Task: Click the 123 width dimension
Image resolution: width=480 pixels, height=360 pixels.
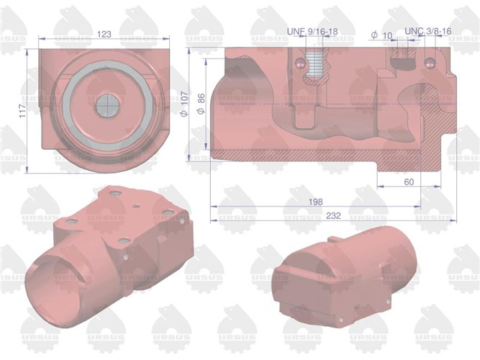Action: pyautogui.click(x=105, y=33)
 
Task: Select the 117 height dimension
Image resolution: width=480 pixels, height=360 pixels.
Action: pyautogui.click(x=22, y=109)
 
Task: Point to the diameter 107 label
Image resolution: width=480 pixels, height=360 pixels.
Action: pyautogui.click(x=186, y=102)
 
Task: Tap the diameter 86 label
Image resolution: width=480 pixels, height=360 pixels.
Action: pyautogui.click(x=201, y=102)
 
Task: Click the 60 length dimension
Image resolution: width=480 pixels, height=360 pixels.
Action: pyautogui.click(x=409, y=182)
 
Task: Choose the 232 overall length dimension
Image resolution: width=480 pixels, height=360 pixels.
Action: pyautogui.click(x=333, y=215)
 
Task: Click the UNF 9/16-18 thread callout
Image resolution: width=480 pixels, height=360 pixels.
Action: pyautogui.click(x=312, y=32)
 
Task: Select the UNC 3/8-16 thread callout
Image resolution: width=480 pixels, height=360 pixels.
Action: pyautogui.click(x=428, y=32)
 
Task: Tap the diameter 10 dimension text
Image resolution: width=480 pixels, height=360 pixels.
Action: pyautogui.click(x=381, y=35)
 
